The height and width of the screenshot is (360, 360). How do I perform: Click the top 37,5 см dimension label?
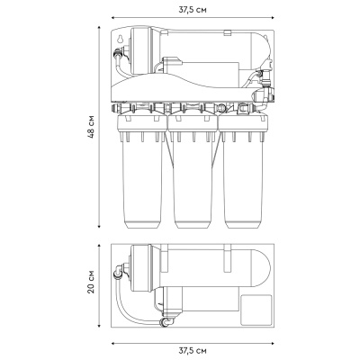pyautogui.click(x=193, y=10)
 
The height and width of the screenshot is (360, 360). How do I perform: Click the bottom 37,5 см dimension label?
pyautogui.click(x=193, y=350)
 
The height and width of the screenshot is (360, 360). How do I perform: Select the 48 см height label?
pyautogui.click(x=91, y=126)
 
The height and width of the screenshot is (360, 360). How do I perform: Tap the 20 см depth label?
pyautogui.click(x=91, y=282)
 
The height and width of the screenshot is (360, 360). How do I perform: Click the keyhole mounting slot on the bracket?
pyautogui.click(x=120, y=39)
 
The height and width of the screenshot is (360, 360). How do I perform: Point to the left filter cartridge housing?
pyautogui.click(x=141, y=172)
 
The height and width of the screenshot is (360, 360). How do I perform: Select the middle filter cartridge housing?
pyautogui.click(x=193, y=172)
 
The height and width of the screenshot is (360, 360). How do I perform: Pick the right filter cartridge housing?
pyautogui.click(x=243, y=172)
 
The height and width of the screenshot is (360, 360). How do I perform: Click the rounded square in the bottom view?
pyautogui.click(x=256, y=310)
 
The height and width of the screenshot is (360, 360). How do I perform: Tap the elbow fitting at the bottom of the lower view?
pyautogui.click(x=166, y=321)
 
